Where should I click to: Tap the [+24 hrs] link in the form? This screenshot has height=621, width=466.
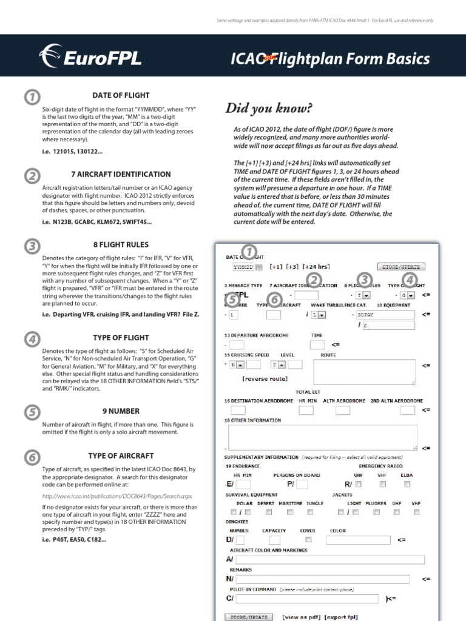click(316, 266)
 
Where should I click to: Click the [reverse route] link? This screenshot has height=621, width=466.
click(266, 379)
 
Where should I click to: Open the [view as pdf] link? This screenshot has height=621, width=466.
click(301, 617)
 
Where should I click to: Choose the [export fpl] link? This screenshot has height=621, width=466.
click(341, 617)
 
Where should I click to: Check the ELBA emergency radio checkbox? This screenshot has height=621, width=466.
click(407, 484)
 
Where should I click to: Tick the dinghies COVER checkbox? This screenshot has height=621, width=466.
click(309, 539)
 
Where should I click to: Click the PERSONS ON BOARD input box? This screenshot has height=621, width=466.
click(302, 484)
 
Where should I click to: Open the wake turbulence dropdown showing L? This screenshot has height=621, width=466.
click(318, 315)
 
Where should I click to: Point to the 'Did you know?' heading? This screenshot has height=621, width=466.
click(269, 109)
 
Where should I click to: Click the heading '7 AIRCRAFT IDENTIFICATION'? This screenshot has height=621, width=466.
click(121, 174)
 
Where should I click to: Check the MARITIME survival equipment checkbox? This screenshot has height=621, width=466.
click(291, 512)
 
